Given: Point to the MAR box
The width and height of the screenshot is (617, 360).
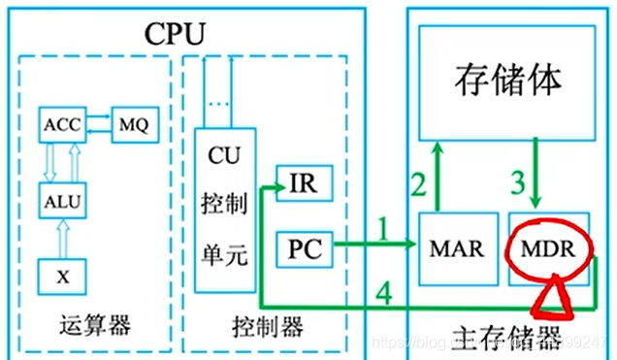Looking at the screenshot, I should pos(454,247).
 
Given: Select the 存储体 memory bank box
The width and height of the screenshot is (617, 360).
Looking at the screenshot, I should pos(506,81).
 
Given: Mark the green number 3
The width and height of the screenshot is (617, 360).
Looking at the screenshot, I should pos(518,180).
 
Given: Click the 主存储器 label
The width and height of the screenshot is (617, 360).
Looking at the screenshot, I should pos(508,340).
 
